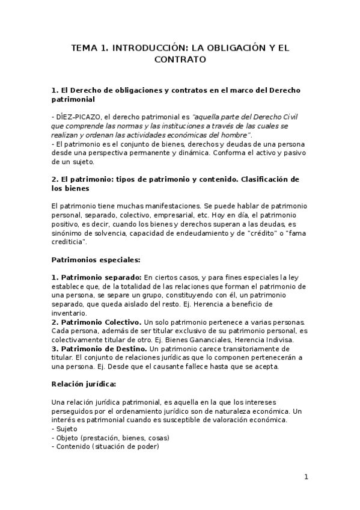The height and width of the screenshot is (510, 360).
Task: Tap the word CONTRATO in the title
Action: [x=180, y=60]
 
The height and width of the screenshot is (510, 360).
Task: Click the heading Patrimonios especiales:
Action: [x=96, y=260]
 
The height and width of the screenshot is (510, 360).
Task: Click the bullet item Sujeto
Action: [x=65, y=428]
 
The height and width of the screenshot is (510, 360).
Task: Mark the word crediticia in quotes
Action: [x=69, y=242]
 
